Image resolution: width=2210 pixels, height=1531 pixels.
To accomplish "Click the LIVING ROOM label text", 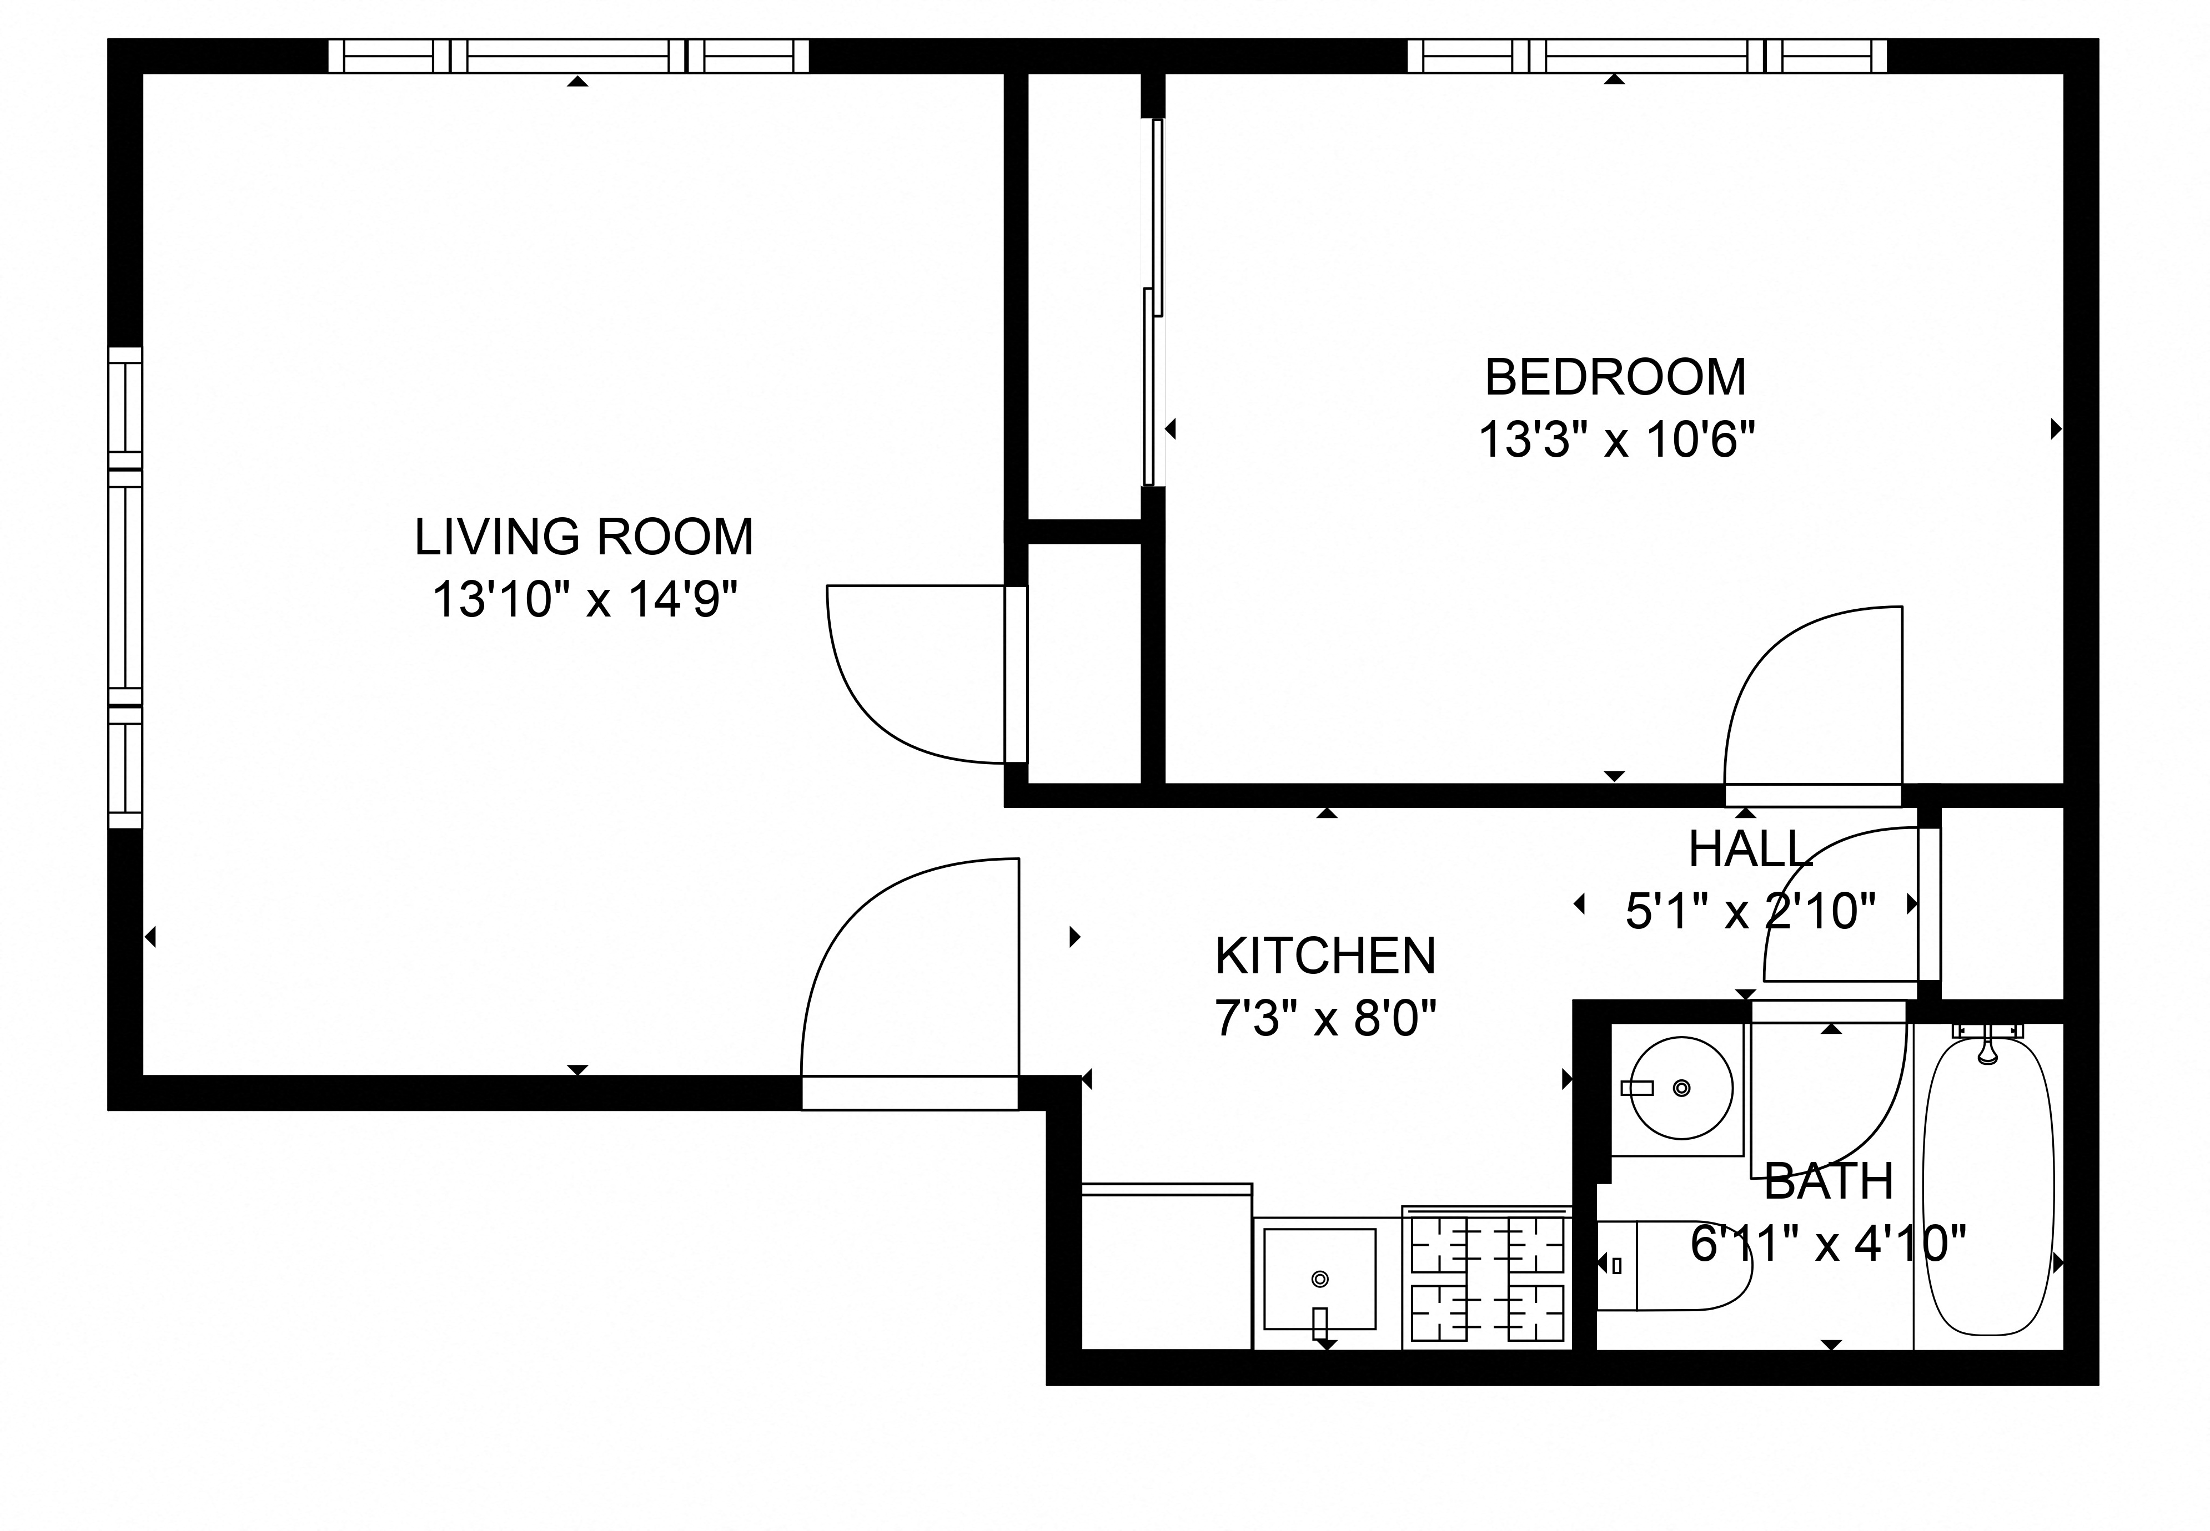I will [584, 537].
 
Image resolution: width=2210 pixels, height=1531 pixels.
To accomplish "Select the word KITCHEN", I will [1325, 956].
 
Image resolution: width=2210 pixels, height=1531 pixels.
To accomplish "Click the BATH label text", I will [1828, 1182].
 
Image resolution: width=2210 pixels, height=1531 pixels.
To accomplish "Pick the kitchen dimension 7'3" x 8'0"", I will [1325, 1019].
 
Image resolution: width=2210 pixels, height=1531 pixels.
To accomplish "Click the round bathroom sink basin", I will [1681, 1088].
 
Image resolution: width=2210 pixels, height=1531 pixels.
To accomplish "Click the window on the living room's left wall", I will [125, 587].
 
